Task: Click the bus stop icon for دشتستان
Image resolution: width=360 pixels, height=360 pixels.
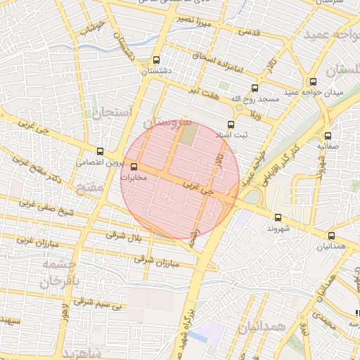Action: (x=155, y=60)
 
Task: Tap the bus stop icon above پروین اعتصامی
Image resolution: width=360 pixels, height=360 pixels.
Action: (x=100, y=150)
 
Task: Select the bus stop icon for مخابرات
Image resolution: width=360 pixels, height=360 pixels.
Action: (x=134, y=167)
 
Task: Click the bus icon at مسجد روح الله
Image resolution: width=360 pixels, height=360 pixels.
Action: (x=255, y=89)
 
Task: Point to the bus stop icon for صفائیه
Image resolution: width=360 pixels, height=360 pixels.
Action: (x=328, y=136)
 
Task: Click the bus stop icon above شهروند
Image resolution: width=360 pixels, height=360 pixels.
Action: (x=278, y=217)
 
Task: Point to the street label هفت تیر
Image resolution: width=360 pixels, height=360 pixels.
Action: (x=202, y=89)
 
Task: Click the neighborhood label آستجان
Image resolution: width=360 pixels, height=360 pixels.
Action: (x=108, y=112)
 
